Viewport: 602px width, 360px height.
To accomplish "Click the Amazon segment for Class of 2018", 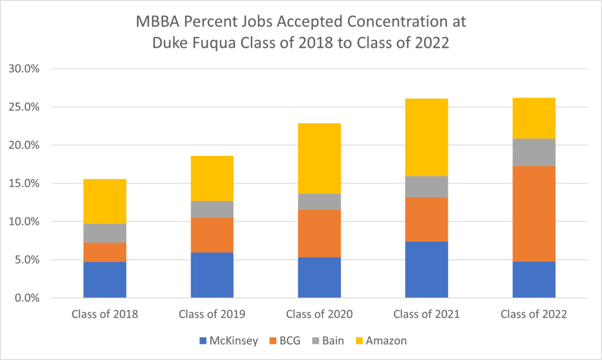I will [x=105, y=201].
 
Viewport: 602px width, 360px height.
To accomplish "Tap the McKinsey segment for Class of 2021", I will [x=426, y=269].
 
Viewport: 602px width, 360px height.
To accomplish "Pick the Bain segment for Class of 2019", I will [x=212, y=209].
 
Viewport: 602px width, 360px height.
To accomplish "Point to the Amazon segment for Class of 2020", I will [x=319, y=158].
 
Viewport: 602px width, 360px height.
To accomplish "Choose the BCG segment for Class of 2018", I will [x=105, y=252].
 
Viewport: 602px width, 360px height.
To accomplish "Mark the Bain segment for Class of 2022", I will [x=534, y=152].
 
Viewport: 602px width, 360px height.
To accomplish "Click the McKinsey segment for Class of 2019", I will [x=212, y=275].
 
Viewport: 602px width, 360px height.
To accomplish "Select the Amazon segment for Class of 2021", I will [x=426, y=137].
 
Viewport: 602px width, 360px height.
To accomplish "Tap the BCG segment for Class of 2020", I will [x=319, y=233].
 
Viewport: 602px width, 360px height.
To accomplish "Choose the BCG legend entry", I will [x=288, y=341].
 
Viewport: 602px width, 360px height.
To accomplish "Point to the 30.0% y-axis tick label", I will [x=24, y=69].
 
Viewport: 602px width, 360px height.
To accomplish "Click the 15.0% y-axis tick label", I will [x=24, y=184].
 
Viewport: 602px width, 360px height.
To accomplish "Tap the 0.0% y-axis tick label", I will [x=26, y=298].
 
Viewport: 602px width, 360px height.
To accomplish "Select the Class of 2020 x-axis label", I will [x=319, y=314].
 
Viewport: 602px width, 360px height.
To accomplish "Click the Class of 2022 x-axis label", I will [x=534, y=314].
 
